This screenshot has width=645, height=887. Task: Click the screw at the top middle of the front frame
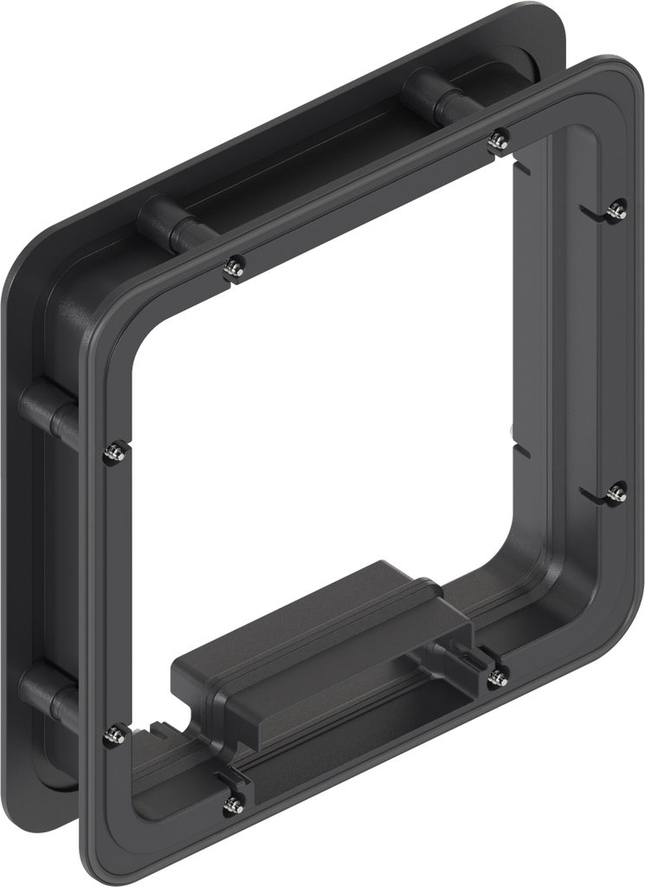[x=498, y=139]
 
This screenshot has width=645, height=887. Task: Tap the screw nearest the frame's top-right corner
[x=616, y=209]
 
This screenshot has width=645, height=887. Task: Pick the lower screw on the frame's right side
[x=616, y=493]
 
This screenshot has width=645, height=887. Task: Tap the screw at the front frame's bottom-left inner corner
[x=112, y=735]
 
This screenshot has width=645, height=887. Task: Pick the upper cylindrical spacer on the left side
[x=48, y=411]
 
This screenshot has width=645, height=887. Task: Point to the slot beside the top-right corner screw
[x=592, y=211]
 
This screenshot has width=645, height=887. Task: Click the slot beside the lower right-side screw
[x=593, y=495]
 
